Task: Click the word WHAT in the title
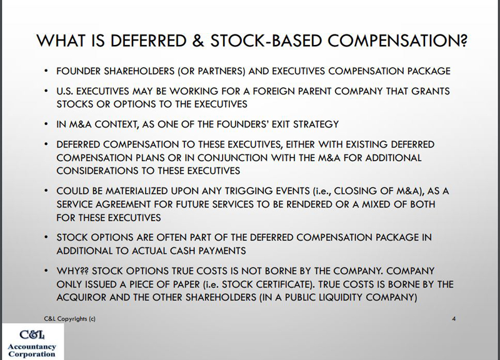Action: pos(61,41)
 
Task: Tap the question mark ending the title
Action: pos(464,41)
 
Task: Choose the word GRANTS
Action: pos(431,91)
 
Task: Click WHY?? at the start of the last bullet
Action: pos(72,271)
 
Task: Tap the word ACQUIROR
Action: pos(81,297)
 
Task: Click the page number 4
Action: pos(454,319)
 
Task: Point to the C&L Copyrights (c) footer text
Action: pos(69,319)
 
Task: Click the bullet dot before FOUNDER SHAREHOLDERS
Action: pos(46,71)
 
